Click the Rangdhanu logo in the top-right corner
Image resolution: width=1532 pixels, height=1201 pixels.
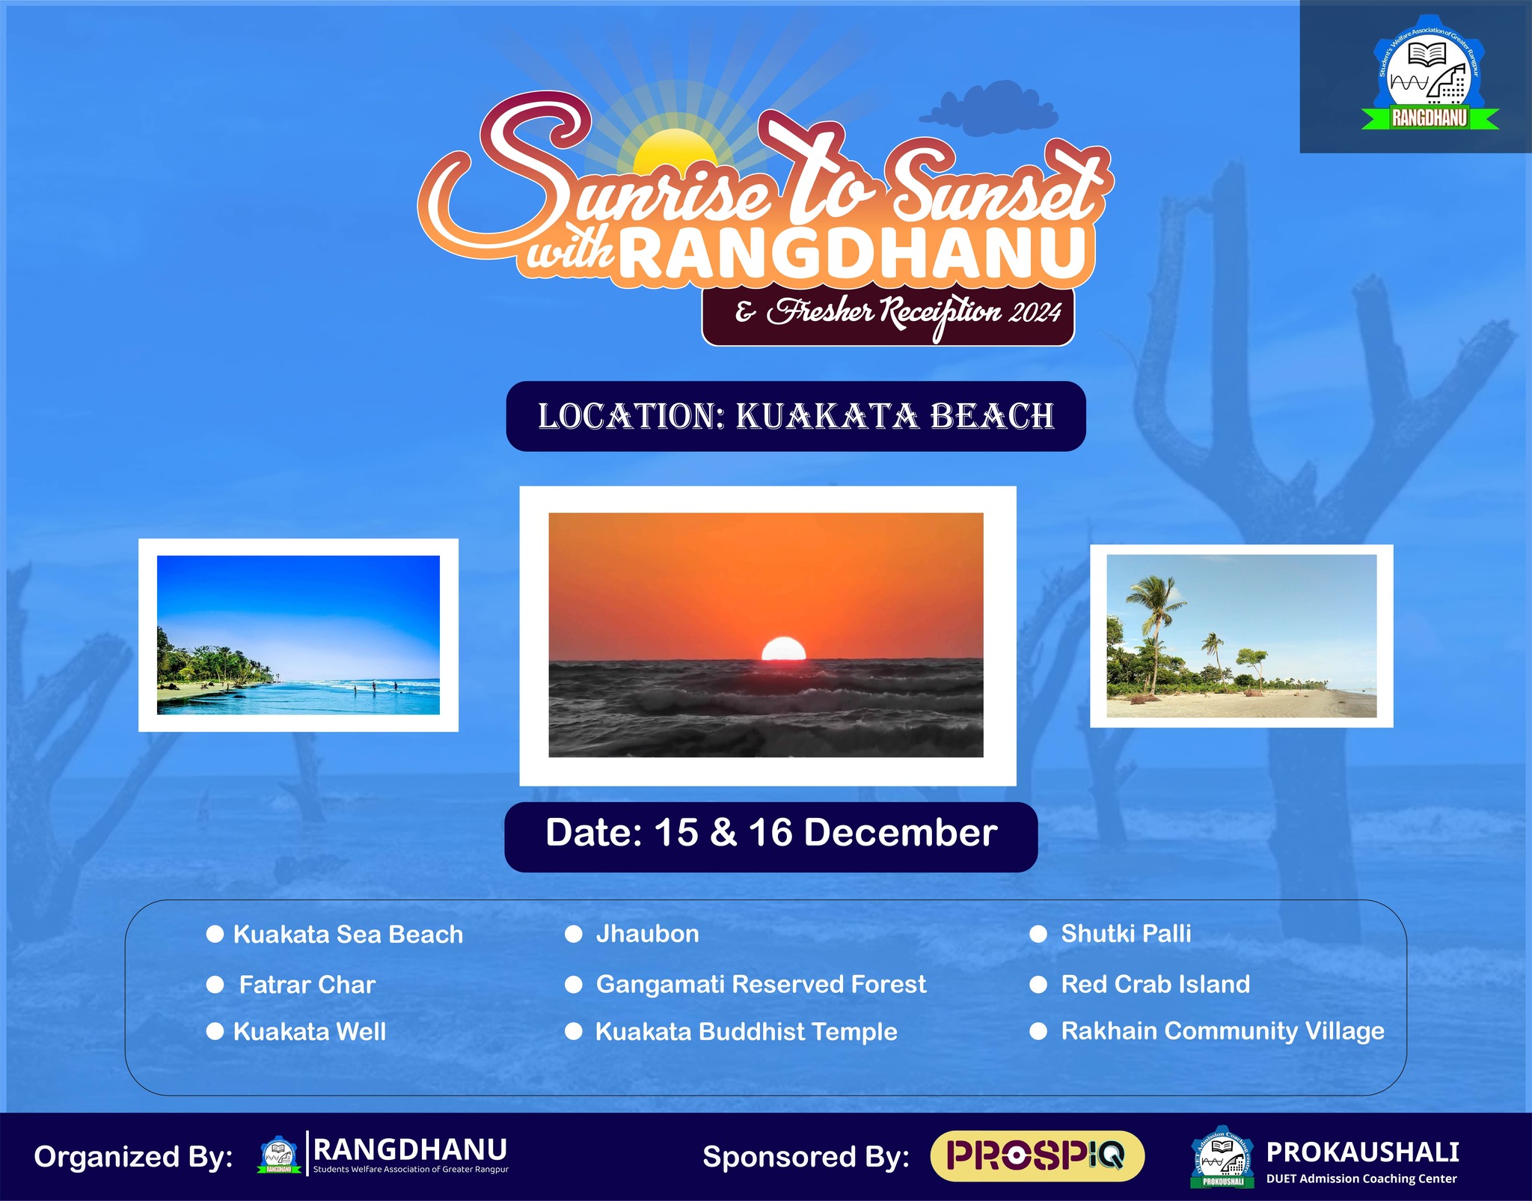pos(1430,79)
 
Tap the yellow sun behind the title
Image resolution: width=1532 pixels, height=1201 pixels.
pos(675,153)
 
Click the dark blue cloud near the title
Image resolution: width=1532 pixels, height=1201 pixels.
pos(989,111)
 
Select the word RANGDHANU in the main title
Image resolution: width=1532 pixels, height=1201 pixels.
pos(853,254)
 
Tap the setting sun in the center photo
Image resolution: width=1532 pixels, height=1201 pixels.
pos(783,649)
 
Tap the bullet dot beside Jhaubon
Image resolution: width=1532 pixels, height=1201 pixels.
pos(574,934)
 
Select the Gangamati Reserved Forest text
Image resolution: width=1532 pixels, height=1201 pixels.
pos(761,985)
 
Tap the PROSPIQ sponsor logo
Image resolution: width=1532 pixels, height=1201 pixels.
pos(1037,1156)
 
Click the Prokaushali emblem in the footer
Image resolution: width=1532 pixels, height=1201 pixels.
pos(1223,1157)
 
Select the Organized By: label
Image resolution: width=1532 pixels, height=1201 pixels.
pos(133,1157)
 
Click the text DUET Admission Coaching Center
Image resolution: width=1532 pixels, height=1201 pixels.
pos(1361,1179)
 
